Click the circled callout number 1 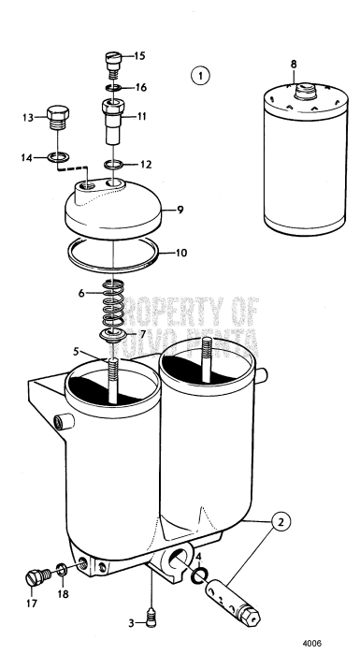coord(199,74)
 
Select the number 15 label coord(139,56)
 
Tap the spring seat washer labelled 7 coord(114,334)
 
